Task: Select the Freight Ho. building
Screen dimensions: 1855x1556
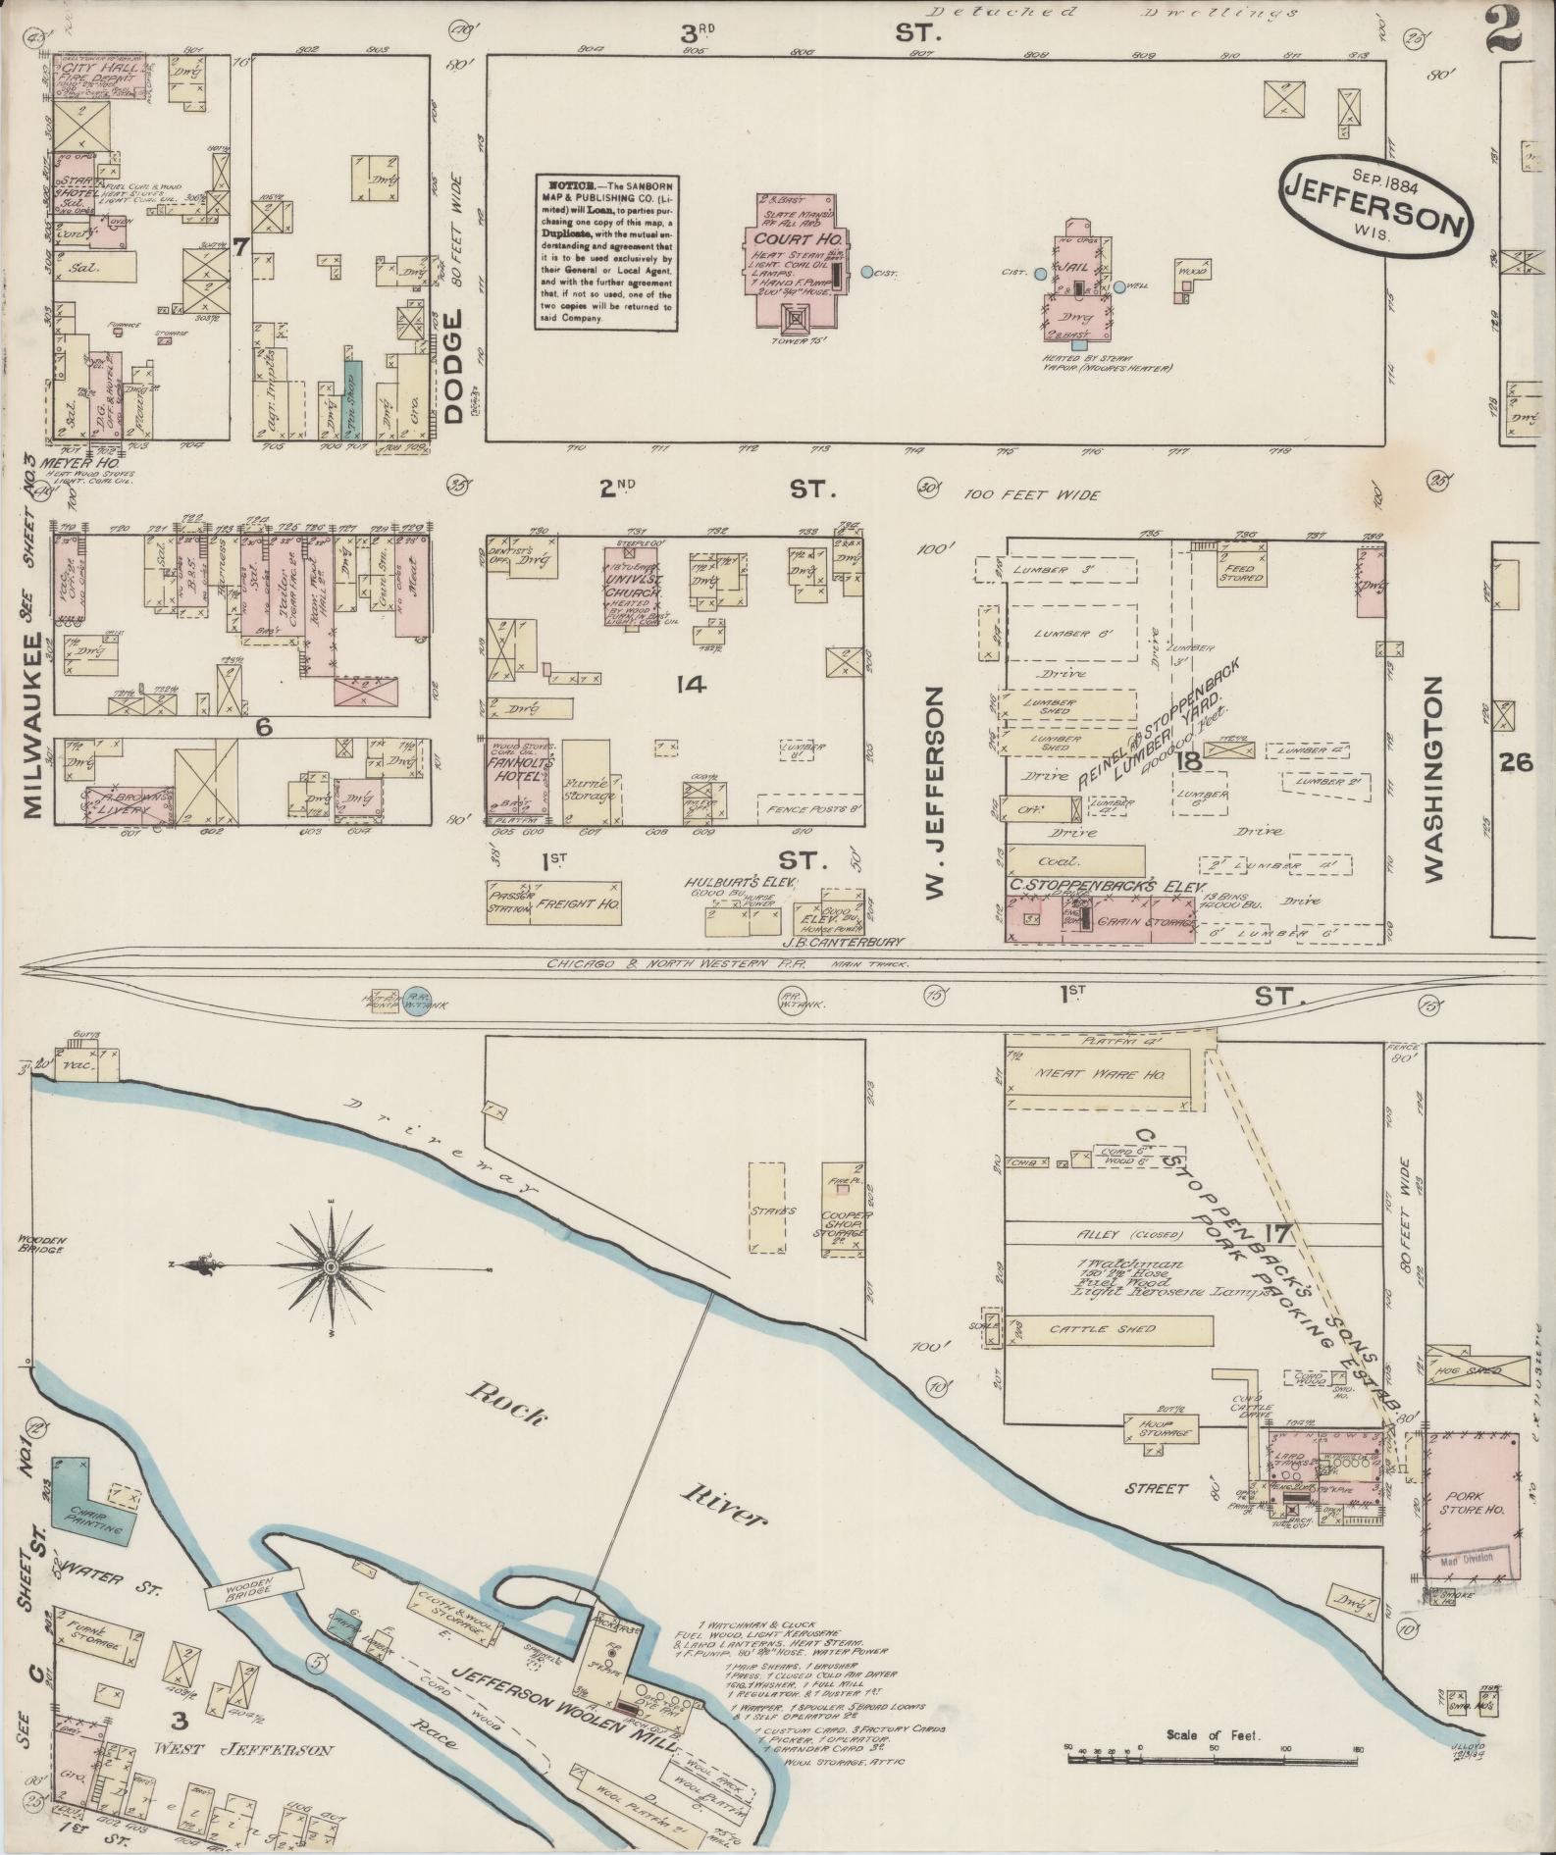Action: tap(575, 903)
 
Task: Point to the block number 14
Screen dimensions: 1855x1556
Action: tap(691, 686)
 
